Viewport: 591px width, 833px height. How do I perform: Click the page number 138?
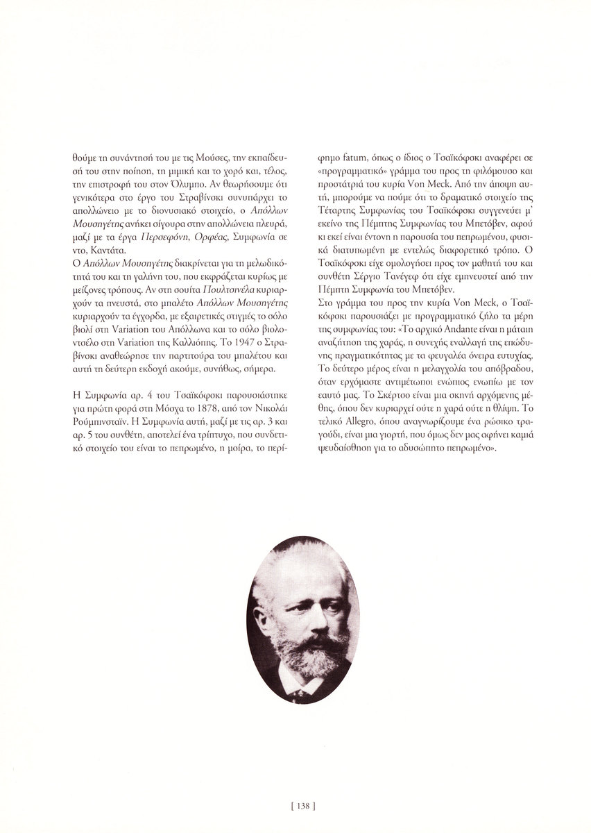pos(295,807)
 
